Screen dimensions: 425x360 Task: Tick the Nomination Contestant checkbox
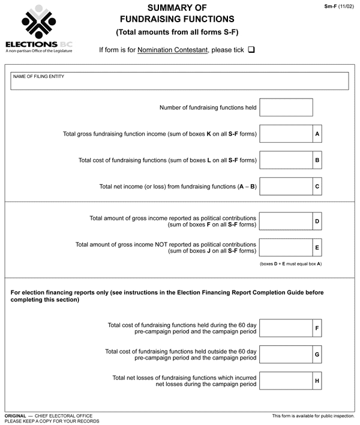[x=251, y=50]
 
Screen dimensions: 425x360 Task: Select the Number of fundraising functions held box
[x=286, y=107]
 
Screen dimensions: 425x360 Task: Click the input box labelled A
[x=286, y=133]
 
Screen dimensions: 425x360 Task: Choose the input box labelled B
[x=286, y=160]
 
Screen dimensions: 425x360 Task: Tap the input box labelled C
[x=286, y=186]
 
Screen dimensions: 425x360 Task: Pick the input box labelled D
[x=286, y=221]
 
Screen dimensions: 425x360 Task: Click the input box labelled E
[x=286, y=247]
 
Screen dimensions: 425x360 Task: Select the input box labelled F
[x=286, y=328]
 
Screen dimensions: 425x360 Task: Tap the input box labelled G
[x=286, y=354]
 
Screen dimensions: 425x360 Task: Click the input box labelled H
[x=286, y=381]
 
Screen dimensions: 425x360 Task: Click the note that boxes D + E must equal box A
[x=290, y=264]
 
